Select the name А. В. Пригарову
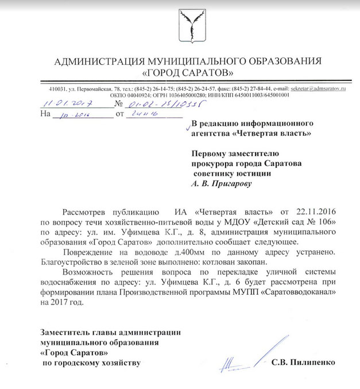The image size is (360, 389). [x=221, y=184]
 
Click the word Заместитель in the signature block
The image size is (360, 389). [x=67, y=332]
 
